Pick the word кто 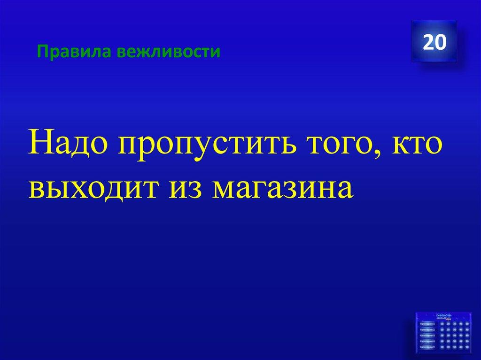[x=415, y=146]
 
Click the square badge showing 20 [x=434, y=41]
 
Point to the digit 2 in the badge [x=428, y=42]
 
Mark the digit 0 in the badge [x=440, y=42]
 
